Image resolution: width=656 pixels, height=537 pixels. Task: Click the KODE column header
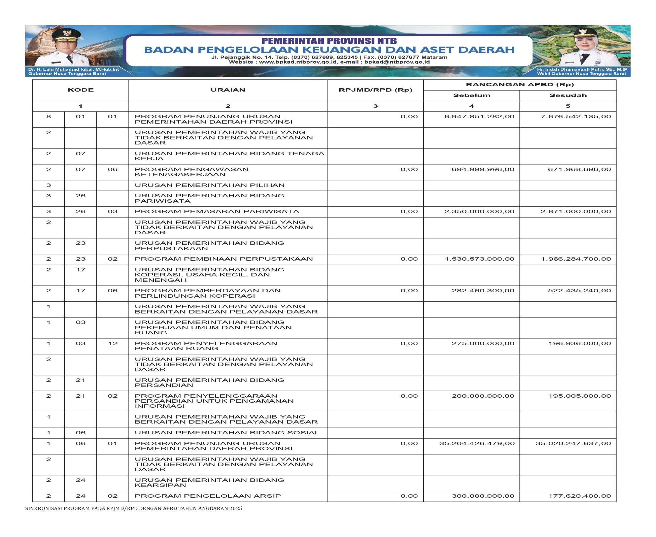[x=80, y=90]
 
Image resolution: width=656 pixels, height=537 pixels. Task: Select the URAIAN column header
[x=228, y=90]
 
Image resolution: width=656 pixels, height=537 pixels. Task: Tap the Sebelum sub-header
[x=471, y=95]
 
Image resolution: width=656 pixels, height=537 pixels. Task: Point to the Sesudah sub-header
[x=568, y=95]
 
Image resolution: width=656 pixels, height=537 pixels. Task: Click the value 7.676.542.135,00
[x=576, y=116]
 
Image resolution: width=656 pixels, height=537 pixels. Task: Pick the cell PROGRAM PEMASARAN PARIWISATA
[x=217, y=211]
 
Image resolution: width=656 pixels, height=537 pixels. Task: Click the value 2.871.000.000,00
[x=576, y=211]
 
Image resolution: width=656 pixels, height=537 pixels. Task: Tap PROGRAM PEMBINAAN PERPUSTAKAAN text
[x=223, y=259]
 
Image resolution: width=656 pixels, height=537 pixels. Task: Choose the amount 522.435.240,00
[x=579, y=291]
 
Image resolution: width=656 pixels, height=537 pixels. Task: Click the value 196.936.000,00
[x=579, y=343]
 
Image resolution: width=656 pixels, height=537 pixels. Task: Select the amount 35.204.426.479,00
[x=477, y=443]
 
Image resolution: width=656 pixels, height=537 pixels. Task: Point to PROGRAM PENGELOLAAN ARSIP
[x=208, y=496]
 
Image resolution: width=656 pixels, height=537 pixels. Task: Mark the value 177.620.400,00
[x=579, y=496]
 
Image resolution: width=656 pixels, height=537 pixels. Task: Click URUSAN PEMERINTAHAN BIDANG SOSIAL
[x=227, y=433]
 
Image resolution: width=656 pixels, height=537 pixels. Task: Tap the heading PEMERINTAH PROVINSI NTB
[x=329, y=41]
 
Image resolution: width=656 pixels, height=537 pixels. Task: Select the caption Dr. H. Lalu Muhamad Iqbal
[x=73, y=69]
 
